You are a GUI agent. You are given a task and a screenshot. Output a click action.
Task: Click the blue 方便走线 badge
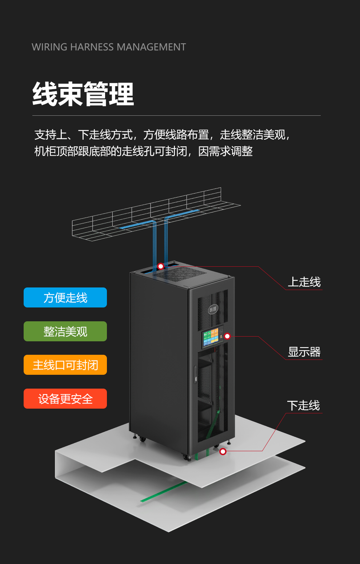pos(65,297)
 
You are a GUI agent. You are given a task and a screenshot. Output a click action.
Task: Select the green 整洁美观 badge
pos(65,331)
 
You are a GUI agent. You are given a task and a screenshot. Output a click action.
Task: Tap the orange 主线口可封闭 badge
pos(65,365)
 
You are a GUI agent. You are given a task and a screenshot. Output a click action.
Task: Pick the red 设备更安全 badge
pos(65,398)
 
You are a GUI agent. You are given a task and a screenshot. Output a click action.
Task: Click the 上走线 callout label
pos(304,282)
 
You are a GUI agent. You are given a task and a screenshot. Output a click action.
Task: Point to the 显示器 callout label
pos(304,352)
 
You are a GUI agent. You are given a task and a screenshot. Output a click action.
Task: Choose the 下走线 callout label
pos(303,406)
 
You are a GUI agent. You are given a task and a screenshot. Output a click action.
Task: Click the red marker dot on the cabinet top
pos(160,266)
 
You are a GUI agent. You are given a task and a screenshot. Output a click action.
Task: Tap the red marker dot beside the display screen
pos(227,336)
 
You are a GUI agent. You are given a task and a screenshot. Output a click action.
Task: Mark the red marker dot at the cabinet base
pos(223,452)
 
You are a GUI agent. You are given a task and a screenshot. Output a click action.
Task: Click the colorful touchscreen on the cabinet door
pos(213,338)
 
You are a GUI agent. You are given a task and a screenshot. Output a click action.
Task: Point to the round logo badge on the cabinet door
pos(213,309)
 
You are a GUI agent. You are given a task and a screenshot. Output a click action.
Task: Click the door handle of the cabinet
pos(195,375)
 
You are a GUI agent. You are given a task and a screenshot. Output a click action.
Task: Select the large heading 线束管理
pos(83,94)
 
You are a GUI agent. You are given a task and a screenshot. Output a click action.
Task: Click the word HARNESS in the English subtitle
pos(92,47)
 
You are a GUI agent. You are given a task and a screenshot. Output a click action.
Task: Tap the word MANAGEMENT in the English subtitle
pos(151,47)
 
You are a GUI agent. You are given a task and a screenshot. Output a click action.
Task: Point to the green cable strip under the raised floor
pos(164,492)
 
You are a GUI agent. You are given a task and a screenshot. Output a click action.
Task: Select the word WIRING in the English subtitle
pos(49,47)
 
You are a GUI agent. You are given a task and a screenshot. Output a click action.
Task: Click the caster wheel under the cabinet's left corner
pos(143,439)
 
